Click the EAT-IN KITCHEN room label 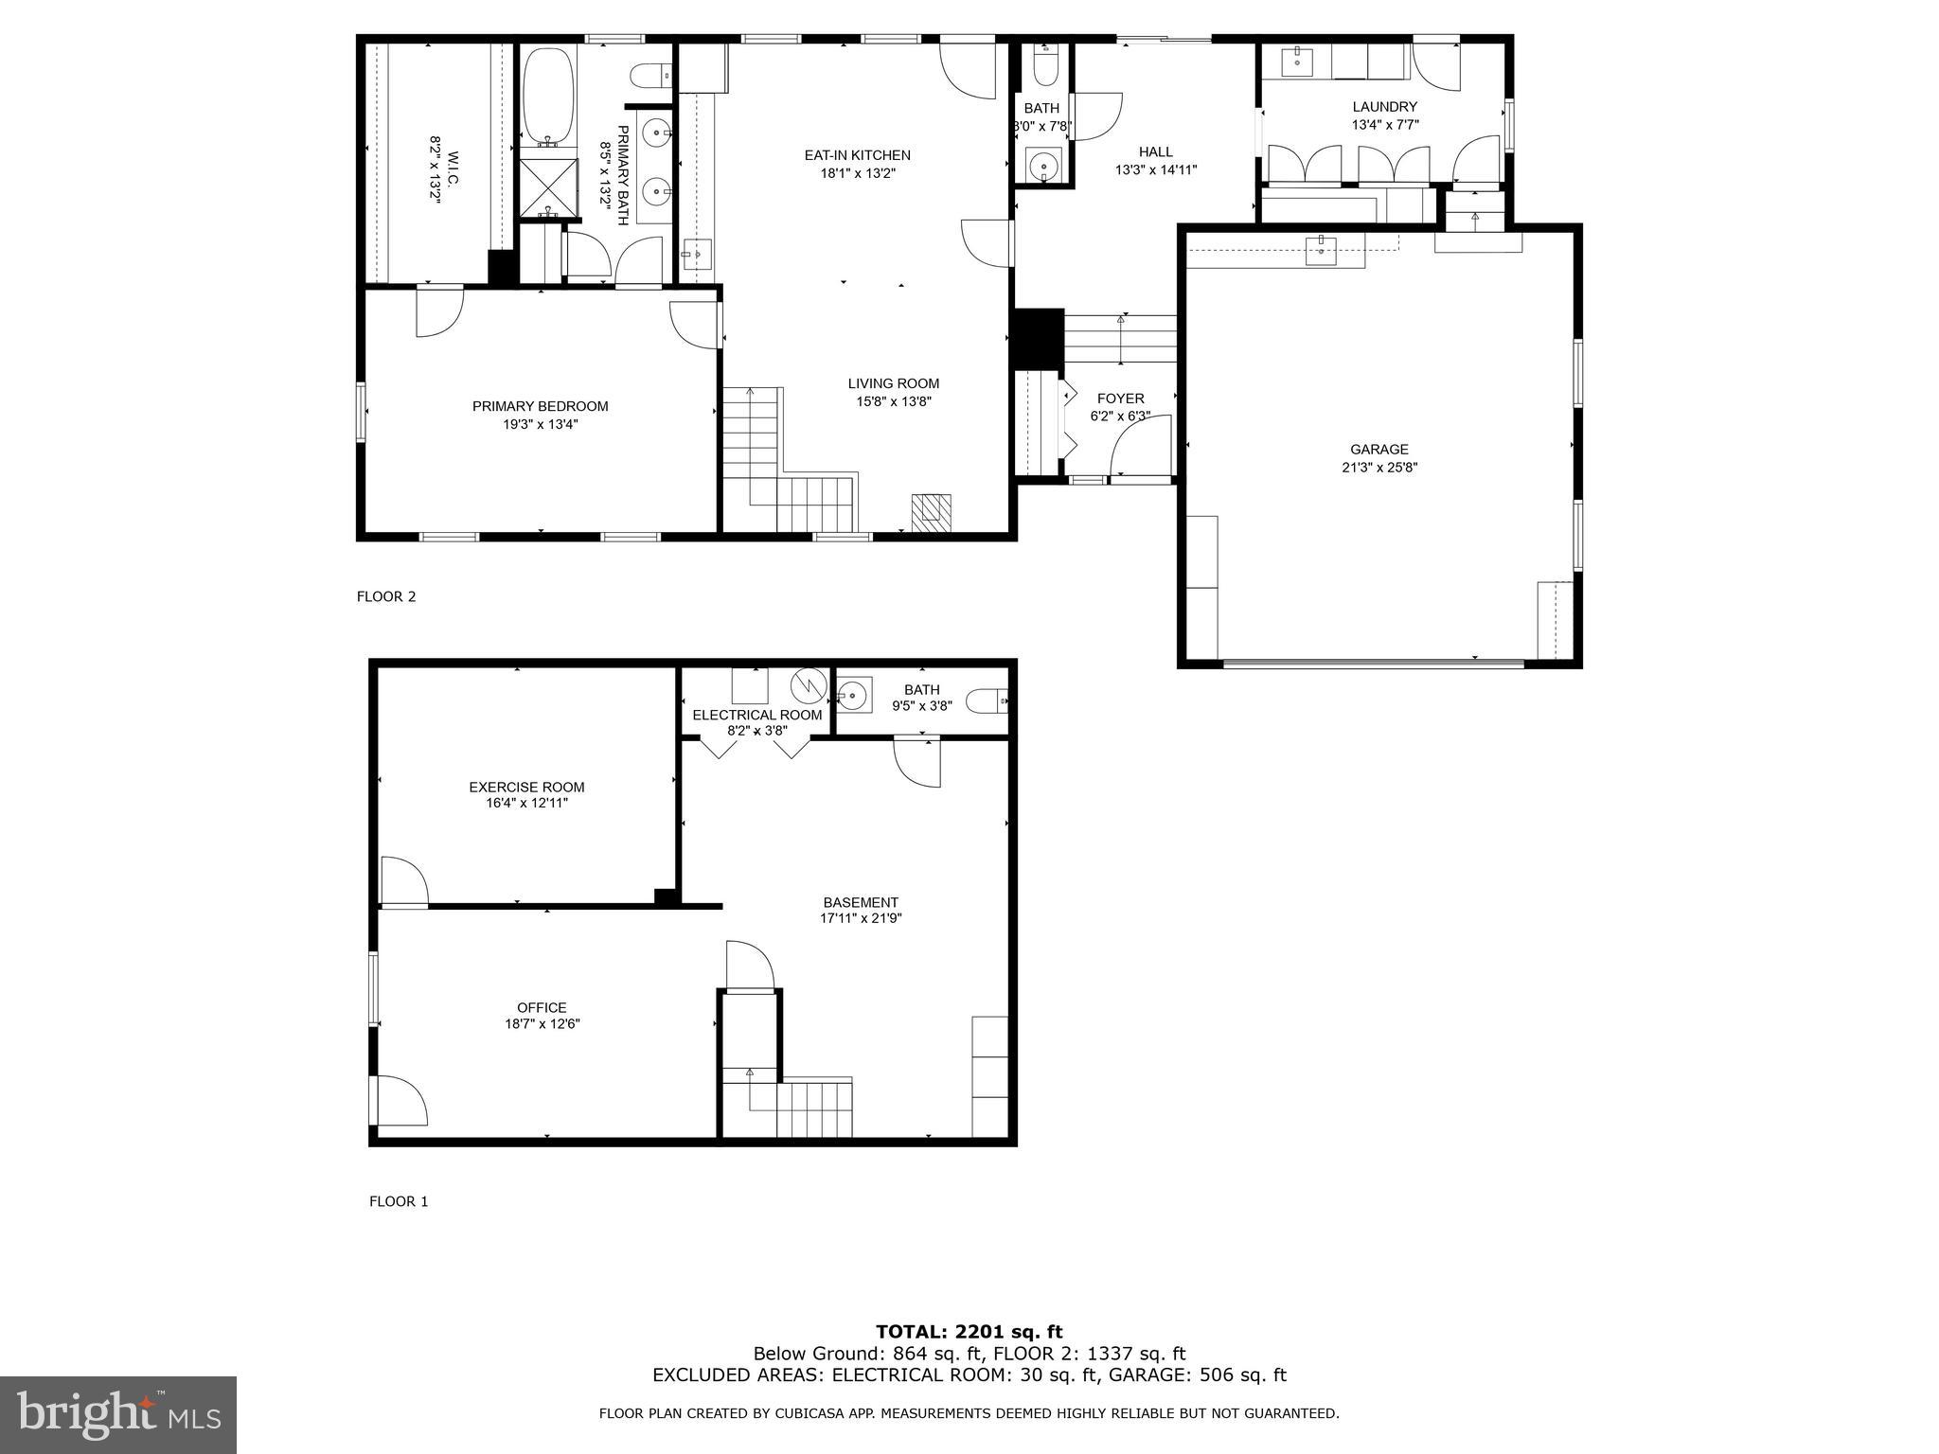[x=857, y=155]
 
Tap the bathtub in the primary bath [x=548, y=95]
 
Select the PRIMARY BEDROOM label [x=540, y=406]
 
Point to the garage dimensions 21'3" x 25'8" [x=1379, y=467]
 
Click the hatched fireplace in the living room [x=931, y=513]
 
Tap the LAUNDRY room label [x=1384, y=107]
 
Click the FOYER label [x=1120, y=399]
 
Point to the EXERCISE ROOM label [x=526, y=787]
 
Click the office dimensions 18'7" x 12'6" [x=542, y=1023]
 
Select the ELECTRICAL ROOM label [x=756, y=715]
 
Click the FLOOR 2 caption [x=385, y=596]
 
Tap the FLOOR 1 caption [x=398, y=1201]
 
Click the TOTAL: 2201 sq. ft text [x=969, y=1332]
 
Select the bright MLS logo [x=118, y=1414]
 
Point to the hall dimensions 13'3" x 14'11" [x=1155, y=170]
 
